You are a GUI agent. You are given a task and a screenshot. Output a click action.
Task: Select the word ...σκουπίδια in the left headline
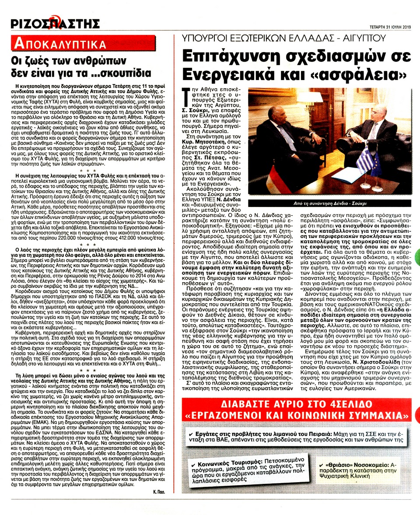point(119,72)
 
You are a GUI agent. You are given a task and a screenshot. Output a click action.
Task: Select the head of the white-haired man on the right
point(375,113)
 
